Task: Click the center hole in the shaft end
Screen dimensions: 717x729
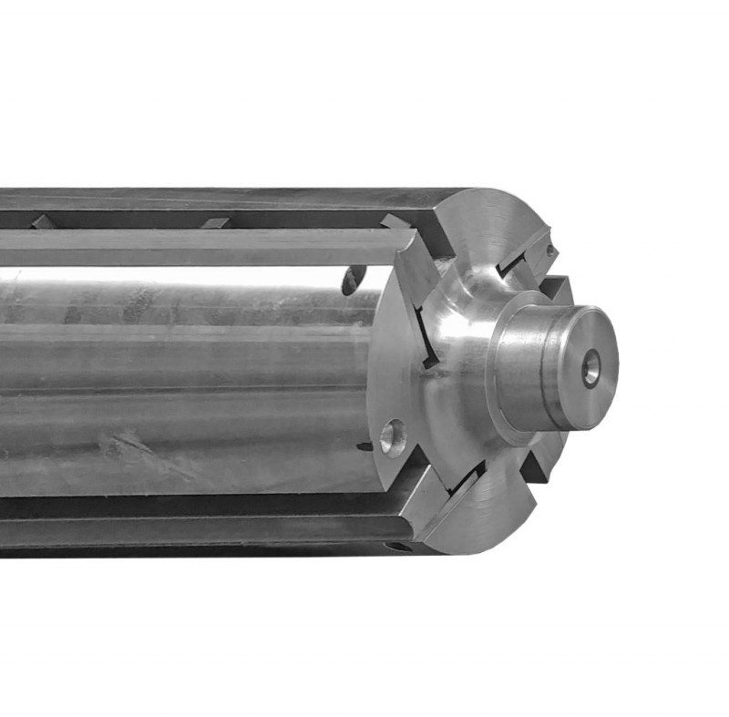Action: [x=591, y=368]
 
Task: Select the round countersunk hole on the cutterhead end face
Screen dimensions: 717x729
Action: [x=393, y=437]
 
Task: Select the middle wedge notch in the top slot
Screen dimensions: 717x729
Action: [x=215, y=222]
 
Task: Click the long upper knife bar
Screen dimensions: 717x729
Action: [x=200, y=247]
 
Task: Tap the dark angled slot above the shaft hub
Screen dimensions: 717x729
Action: [x=520, y=264]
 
